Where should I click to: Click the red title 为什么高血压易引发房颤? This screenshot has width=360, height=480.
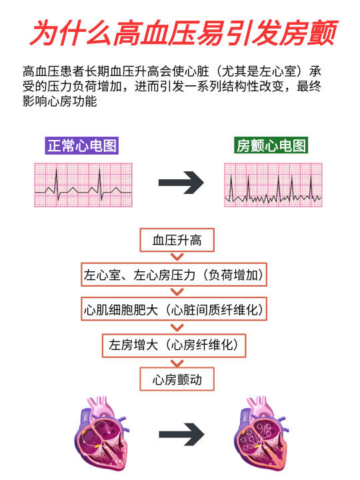tap(184, 33)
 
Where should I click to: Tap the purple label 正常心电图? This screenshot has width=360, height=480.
tap(82, 145)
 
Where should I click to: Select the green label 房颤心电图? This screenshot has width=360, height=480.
tap(271, 145)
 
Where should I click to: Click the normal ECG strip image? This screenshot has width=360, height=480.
tap(83, 185)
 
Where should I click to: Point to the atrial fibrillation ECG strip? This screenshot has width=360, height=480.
tap(273, 185)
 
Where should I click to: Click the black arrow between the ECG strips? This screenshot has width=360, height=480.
tap(181, 183)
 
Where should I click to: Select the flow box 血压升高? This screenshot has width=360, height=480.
tap(177, 240)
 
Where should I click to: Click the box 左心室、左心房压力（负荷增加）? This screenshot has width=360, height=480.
tap(174, 275)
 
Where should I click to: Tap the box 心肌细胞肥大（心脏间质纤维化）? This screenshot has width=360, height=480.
tap(174, 309)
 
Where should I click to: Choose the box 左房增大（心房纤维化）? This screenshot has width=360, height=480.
tap(174, 345)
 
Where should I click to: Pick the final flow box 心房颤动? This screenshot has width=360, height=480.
tap(177, 379)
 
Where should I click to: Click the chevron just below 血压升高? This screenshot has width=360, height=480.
tap(177, 257)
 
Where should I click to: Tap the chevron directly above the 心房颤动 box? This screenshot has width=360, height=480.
tap(177, 363)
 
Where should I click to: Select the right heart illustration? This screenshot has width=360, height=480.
tap(261, 434)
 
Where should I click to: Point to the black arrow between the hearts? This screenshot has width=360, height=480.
tap(181, 435)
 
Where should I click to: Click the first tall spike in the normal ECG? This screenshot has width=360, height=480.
tap(56, 184)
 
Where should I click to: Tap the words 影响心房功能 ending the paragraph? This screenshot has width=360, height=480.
tap(60, 101)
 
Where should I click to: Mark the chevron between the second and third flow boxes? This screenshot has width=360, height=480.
tap(177, 292)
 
